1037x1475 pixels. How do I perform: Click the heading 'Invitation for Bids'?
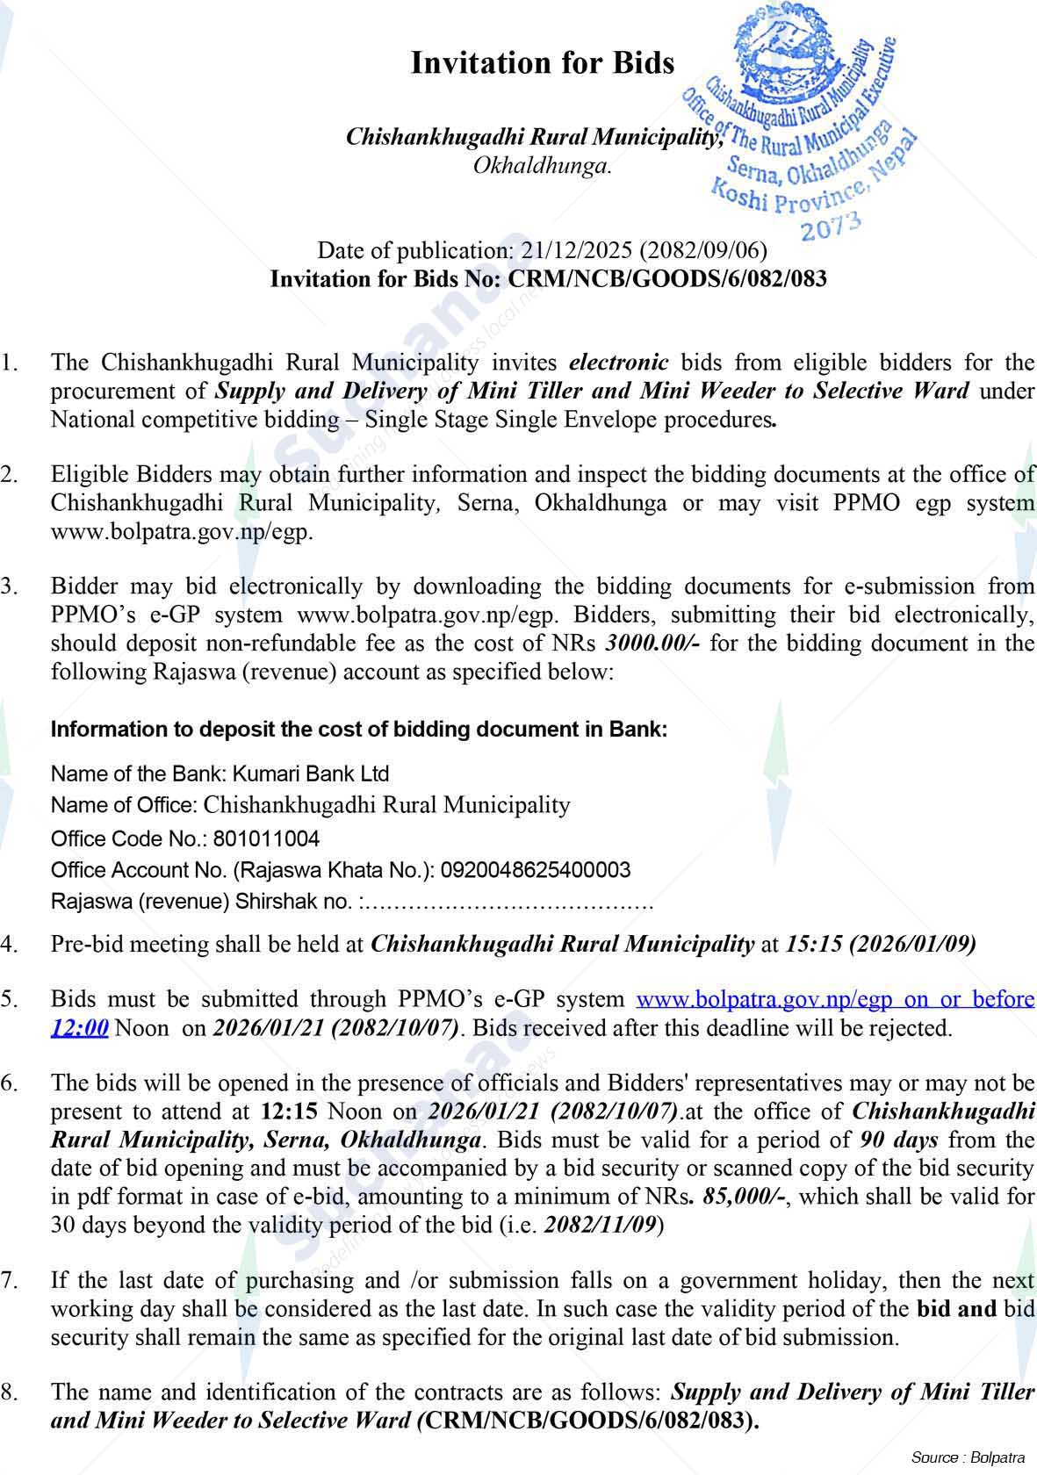tap(543, 63)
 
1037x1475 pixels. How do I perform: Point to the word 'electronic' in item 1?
tap(619, 363)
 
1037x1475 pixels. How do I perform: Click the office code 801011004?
tap(266, 838)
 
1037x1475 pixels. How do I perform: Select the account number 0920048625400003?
tap(535, 870)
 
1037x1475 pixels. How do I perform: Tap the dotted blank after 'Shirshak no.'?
tap(509, 902)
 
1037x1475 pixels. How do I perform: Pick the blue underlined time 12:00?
tap(80, 1027)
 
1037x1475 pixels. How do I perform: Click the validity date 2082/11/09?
tap(600, 1225)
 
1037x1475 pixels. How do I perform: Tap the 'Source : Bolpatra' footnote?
tap(968, 1457)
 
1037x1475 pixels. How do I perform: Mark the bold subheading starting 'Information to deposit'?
tap(359, 730)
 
